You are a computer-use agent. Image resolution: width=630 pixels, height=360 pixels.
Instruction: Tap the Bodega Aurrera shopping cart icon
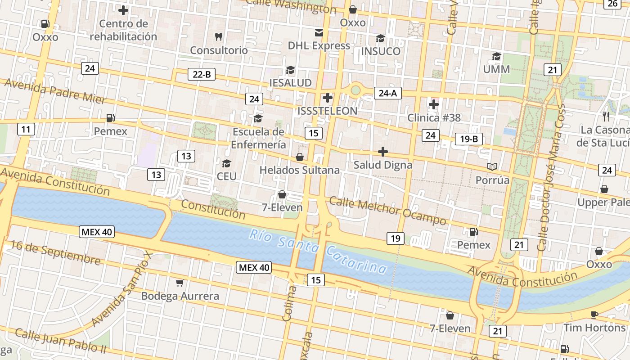point(180,283)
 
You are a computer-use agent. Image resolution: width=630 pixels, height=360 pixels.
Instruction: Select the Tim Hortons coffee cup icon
point(594,315)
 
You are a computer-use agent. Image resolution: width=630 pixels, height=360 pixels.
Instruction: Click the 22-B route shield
point(201,75)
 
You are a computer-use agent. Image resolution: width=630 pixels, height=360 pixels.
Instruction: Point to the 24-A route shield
point(387,93)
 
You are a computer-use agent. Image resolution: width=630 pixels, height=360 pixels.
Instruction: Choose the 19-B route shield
point(468,139)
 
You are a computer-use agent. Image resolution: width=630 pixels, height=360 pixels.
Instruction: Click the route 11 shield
point(26,130)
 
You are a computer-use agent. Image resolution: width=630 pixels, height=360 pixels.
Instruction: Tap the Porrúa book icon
point(492,167)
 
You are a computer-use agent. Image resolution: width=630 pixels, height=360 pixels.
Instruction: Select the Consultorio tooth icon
point(219,36)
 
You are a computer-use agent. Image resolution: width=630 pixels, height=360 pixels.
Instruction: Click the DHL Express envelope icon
point(319,32)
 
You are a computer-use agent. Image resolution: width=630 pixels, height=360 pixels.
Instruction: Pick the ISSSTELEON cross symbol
point(328,97)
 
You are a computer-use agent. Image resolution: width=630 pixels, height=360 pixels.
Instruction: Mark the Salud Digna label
point(382,165)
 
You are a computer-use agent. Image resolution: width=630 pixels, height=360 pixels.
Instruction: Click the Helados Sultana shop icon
point(299,157)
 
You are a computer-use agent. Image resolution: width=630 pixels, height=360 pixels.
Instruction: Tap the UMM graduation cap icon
point(496,56)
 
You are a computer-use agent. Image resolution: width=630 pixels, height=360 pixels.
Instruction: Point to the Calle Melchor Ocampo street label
point(387,210)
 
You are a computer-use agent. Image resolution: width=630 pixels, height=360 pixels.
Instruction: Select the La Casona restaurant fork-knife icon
point(606,117)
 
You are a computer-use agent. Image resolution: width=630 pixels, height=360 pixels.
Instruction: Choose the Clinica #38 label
point(434,118)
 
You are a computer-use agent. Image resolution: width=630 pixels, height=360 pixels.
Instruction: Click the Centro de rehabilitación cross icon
point(123,10)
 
